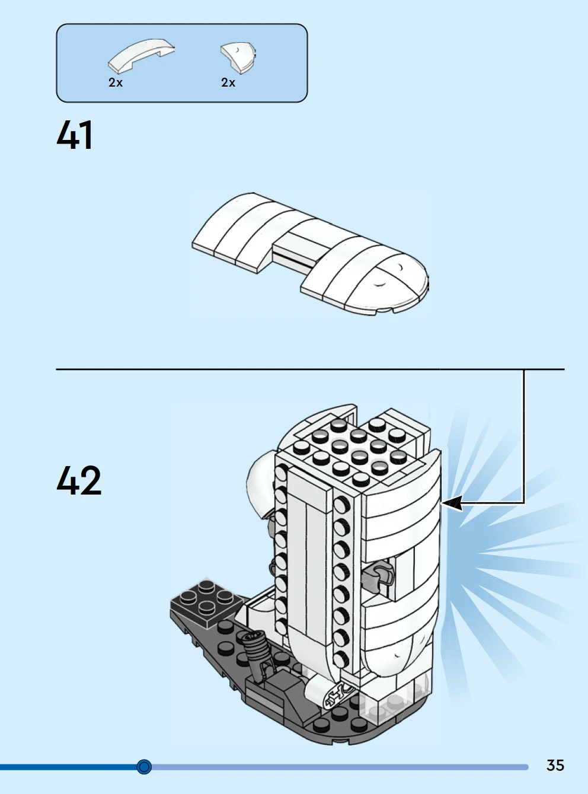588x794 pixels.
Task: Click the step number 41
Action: (75, 135)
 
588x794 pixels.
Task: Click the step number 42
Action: (79, 480)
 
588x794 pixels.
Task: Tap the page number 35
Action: (555, 765)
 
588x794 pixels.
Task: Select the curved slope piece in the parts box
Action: (141, 55)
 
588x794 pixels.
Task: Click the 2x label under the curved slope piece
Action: (116, 83)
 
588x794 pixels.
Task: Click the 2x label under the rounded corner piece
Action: (228, 83)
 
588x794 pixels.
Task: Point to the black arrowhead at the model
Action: (452, 503)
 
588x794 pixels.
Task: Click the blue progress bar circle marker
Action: (144, 767)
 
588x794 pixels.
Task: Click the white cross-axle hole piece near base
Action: (338, 693)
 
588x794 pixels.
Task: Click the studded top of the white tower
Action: (350, 448)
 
